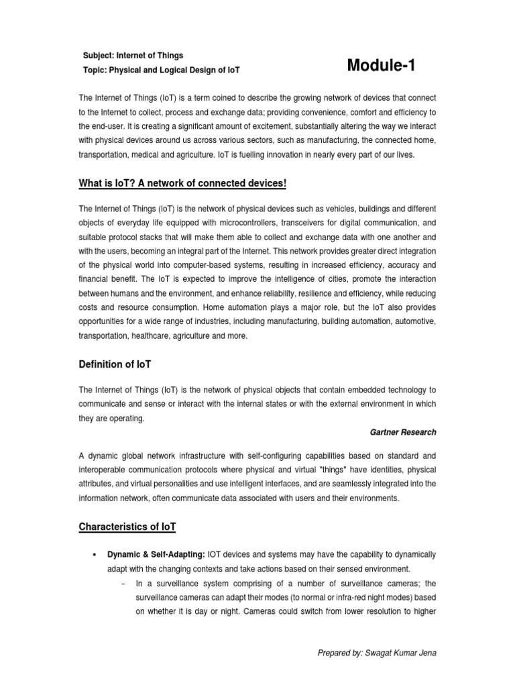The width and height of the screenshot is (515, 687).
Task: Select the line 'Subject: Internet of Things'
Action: click(x=132, y=55)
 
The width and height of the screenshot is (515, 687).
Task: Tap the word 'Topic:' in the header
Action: click(x=95, y=70)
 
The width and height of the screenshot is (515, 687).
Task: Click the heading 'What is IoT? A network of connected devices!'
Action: click(x=178, y=184)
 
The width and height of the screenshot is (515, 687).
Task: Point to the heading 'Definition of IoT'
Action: click(x=115, y=364)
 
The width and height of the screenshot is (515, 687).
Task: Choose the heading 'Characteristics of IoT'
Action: click(x=127, y=527)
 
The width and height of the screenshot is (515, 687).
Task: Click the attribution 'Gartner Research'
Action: click(x=402, y=432)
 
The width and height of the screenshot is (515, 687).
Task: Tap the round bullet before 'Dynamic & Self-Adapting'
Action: click(x=94, y=556)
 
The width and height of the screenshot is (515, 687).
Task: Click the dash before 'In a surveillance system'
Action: click(x=125, y=583)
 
